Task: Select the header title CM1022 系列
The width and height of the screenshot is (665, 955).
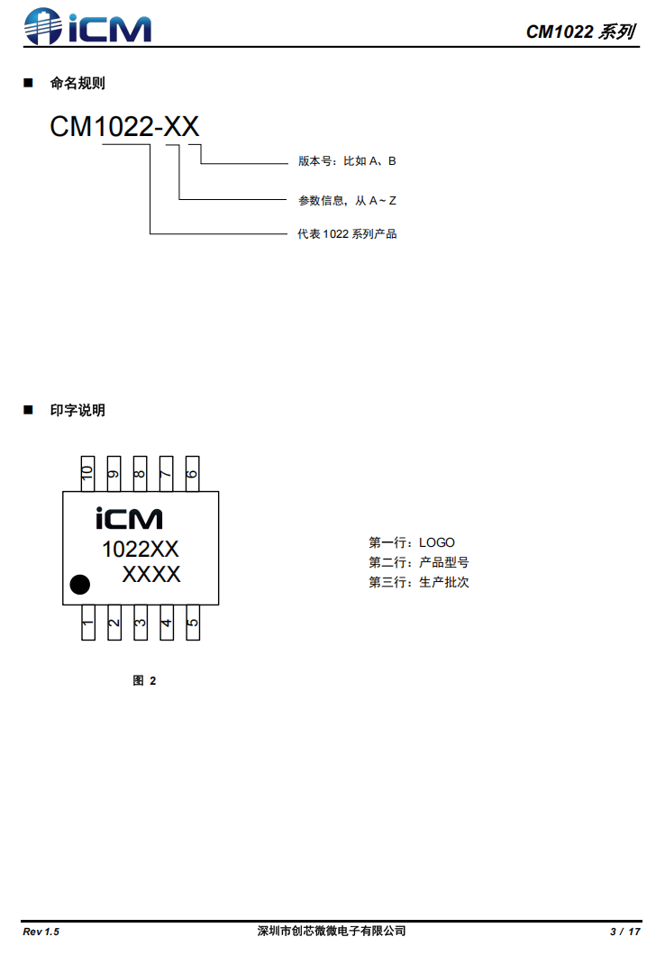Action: click(x=580, y=32)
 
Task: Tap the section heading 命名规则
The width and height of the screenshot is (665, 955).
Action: click(x=77, y=84)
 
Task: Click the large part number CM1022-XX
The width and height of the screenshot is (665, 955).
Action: click(x=124, y=127)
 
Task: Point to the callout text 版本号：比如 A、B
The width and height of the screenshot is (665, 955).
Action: click(x=347, y=161)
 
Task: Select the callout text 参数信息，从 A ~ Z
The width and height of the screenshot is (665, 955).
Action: click(x=347, y=200)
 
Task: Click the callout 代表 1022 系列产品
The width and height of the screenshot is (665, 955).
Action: click(x=347, y=234)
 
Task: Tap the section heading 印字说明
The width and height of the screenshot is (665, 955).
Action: click(x=77, y=410)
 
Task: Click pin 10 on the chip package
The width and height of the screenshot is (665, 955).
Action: click(x=88, y=473)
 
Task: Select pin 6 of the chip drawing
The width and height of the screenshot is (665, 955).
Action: click(x=192, y=473)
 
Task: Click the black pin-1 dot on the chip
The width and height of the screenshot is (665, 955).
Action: click(x=80, y=584)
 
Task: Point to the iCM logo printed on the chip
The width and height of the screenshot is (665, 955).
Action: click(x=129, y=519)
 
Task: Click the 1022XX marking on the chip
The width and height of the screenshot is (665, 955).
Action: click(x=141, y=549)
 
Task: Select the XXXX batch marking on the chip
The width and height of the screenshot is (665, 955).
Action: click(x=151, y=574)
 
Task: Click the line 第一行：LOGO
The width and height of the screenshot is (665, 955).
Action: click(x=412, y=542)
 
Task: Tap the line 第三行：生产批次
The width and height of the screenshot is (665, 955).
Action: click(x=419, y=582)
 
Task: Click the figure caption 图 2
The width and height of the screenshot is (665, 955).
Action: click(x=144, y=680)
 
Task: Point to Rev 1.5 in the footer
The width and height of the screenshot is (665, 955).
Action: click(x=41, y=931)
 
